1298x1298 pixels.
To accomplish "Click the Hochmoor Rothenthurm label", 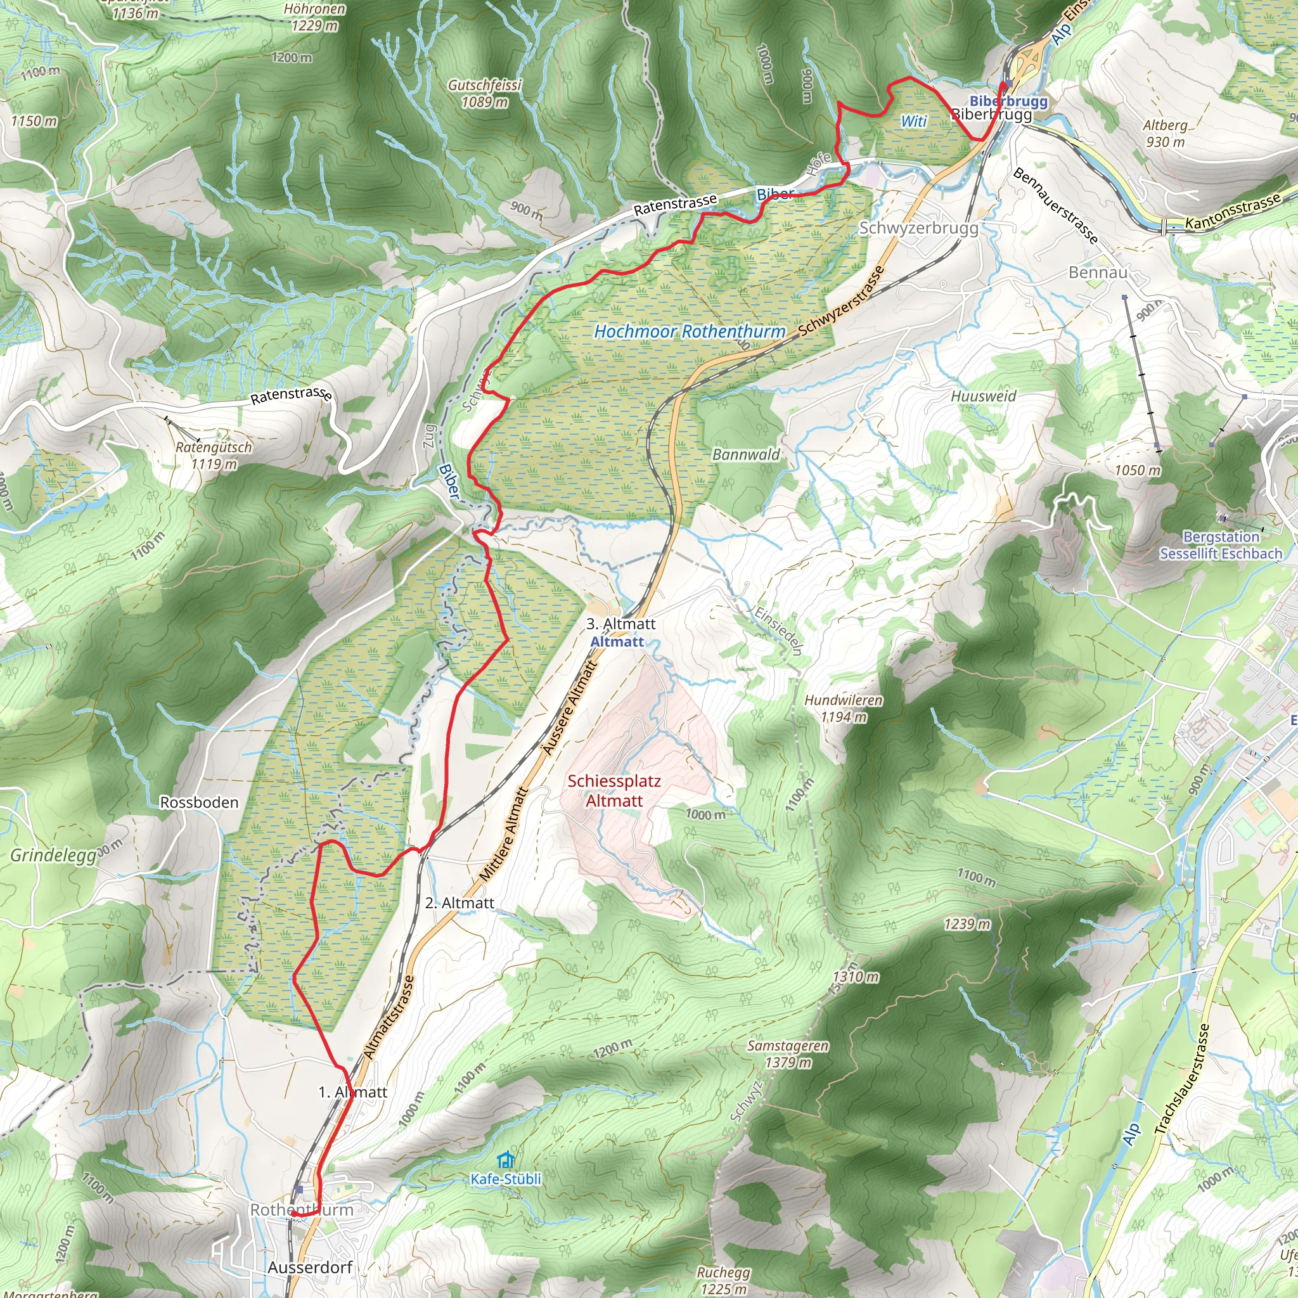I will click(x=690, y=331).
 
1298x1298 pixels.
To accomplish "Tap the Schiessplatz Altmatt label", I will click(x=614, y=791).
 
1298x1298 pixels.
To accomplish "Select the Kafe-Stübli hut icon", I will click(x=505, y=1160).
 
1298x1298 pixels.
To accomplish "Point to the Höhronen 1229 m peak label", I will click(x=314, y=18).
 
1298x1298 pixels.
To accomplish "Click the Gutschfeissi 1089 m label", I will click(x=484, y=93).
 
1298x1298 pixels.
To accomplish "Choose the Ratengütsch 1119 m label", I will click(x=214, y=456).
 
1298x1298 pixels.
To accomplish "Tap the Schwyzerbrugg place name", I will click(x=918, y=228).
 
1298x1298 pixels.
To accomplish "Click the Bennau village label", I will click(x=1098, y=272).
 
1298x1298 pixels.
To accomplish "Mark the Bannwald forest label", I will click(x=746, y=455).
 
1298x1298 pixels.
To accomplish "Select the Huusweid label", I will click(x=983, y=396).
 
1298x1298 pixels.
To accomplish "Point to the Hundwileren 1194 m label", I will click(x=843, y=708).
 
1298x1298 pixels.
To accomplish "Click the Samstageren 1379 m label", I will click(x=788, y=1054).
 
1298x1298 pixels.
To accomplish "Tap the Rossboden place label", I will click(x=199, y=802).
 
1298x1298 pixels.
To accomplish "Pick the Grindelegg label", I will click(x=54, y=855).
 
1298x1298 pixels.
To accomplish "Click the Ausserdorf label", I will click(x=310, y=1267).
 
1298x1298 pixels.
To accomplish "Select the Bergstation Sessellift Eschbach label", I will click(x=1221, y=545).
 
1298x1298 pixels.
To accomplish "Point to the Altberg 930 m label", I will click(x=1165, y=133).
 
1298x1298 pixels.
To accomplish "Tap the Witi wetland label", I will click(x=914, y=122).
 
